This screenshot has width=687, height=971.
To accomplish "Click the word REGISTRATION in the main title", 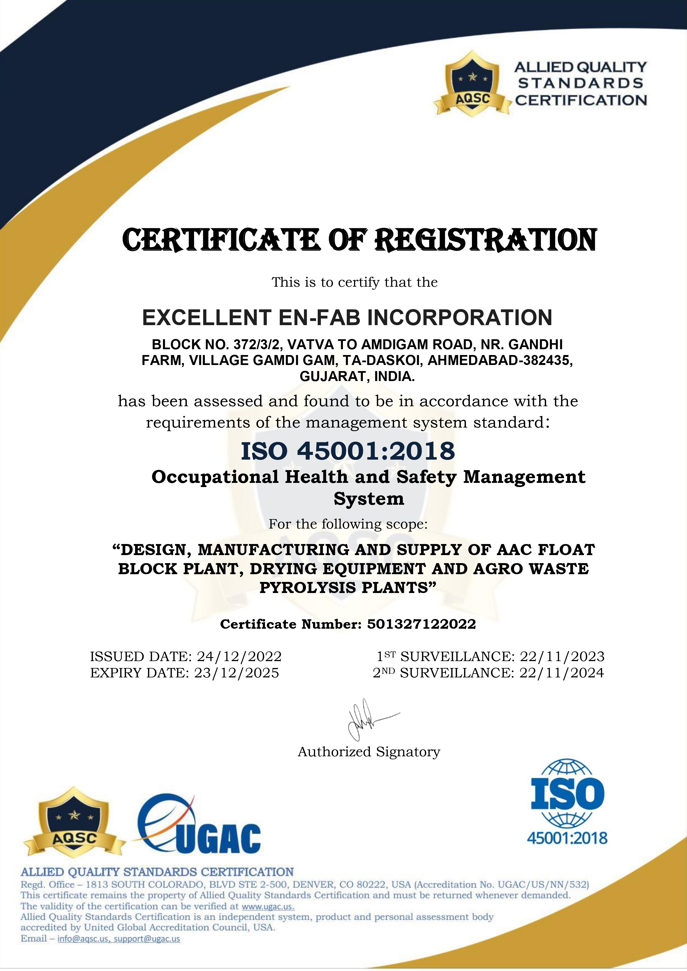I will coord(486,240).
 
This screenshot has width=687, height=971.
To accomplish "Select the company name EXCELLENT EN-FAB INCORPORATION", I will coord(347,318).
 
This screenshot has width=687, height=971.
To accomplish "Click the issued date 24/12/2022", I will coord(239,656).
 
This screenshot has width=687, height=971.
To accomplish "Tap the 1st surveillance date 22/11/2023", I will coord(562,656).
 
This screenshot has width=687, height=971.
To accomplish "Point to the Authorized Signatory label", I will coord(369,752).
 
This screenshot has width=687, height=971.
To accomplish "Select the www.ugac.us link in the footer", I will coord(267,906).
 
